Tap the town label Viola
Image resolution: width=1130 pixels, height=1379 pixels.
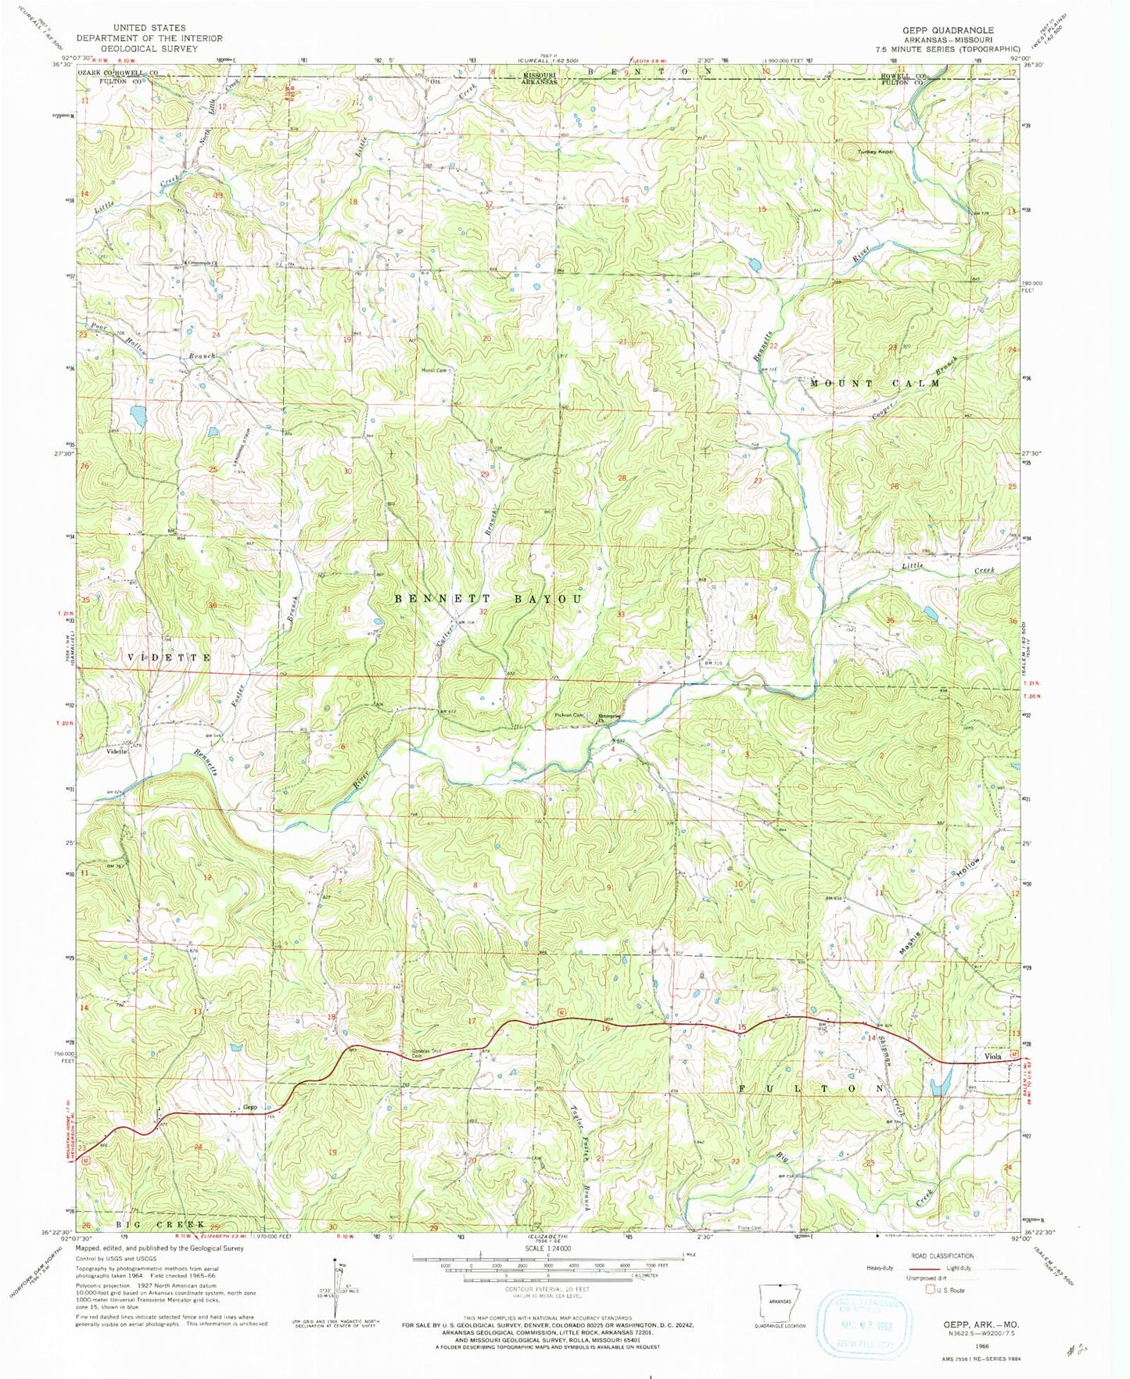pos(992,1056)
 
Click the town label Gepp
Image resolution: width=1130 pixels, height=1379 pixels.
pos(250,1107)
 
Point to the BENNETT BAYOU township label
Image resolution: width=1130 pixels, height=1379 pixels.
pos(488,599)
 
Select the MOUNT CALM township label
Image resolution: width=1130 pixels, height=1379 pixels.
pos(874,384)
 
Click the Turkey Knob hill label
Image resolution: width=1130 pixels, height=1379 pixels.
pos(875,152)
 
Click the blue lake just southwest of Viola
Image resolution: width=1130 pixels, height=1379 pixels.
pos(941,1083)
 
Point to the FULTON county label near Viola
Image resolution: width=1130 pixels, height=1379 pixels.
pos(811,1088)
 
